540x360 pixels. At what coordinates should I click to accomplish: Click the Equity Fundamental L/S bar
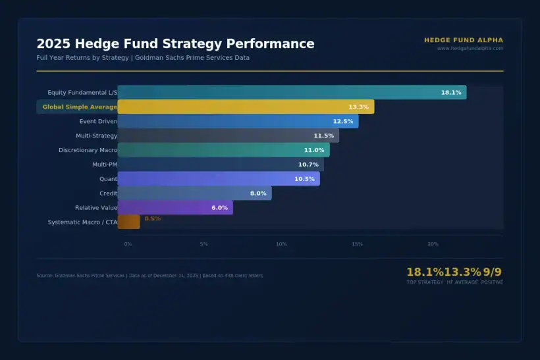tap(292, 93)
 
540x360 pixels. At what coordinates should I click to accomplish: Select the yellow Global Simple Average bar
tap(246, 107)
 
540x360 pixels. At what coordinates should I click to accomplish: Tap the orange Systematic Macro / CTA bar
tap(129, 222)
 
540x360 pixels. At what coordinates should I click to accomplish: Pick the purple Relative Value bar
tap(175, 208)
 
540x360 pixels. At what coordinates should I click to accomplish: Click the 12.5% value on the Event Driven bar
tap(343, 122)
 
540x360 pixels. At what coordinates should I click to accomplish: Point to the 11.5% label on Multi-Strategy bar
tap(323, 136)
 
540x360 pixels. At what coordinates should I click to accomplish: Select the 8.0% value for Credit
tap(258, 193)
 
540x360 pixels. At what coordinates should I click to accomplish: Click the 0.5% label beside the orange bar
tap(152, 219)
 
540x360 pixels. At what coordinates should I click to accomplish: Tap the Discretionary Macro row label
tap(88, 150)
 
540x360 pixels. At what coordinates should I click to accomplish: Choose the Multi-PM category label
tap(104, 165)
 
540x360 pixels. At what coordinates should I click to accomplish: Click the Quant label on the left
tap(108, 179)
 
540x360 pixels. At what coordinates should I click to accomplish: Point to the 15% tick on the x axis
tap(357, 244)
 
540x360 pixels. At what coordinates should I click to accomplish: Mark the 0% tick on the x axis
tap(128, 244)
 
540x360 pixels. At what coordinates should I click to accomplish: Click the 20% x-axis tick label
tap(433, 244)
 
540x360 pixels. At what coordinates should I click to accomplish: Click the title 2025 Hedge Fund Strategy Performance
tap(175, 44)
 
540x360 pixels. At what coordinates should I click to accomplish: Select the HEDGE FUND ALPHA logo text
tap(464, 40)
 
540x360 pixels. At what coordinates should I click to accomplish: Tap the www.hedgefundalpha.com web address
tap(470, 48)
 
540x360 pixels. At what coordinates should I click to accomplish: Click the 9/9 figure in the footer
tap(492, 272)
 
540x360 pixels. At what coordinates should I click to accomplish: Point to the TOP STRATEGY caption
tap(425, 282)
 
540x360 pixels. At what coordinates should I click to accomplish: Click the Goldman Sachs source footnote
tap(149, 275)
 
